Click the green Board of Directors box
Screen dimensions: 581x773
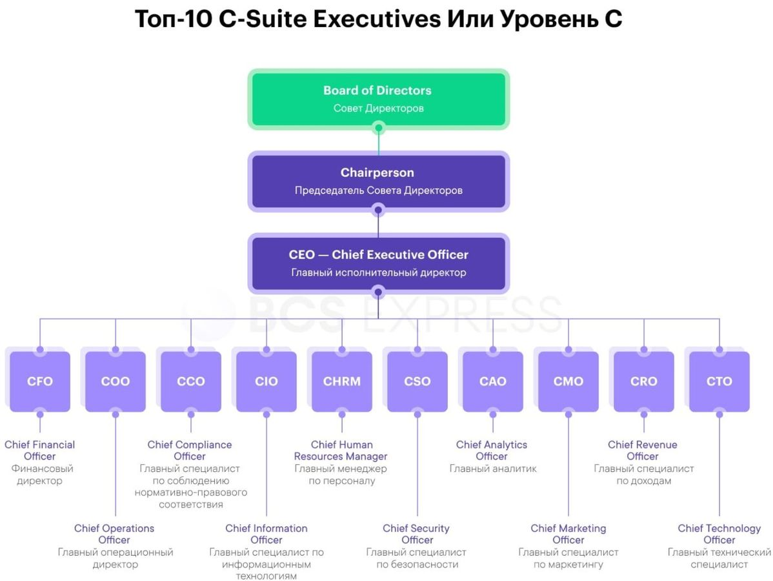[x=378, y=99]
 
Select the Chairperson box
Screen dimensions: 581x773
[x=378, y=181]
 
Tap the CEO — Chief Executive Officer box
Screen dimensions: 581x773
[x=378, y=263]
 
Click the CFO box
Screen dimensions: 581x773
[x=40, y=382]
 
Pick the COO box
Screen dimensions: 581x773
[x=115, y=382]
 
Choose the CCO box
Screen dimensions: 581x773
[x=191, y=382]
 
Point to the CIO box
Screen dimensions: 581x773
[x=266, y=382]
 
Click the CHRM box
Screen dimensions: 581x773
[x=342, y=382]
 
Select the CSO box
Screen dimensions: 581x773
[x=417, y=382]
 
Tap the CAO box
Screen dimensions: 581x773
[x=493, y=382]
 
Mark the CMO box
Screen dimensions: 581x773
[x=568, y=382]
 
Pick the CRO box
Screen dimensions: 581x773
[x=644, y=382]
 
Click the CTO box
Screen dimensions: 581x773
[x=719, y=382]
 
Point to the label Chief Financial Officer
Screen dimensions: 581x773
[x=40, y=451]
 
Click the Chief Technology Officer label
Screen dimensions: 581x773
[x=719, y=534]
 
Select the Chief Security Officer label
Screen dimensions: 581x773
[x=417, y=534]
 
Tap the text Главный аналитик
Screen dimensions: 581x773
[x=493, y=469]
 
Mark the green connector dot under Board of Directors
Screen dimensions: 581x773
[x=379, y=128]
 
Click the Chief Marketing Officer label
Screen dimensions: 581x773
[x=568, y=534]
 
